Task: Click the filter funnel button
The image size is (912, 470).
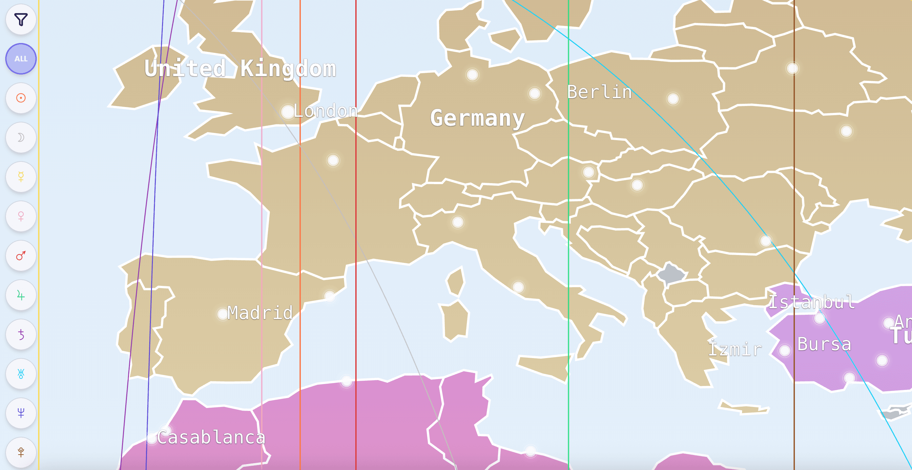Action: (21, 19)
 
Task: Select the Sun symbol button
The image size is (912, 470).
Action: (21, 98)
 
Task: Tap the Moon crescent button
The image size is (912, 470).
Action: (21, 138)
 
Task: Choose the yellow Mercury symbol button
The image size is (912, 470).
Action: (21, 177)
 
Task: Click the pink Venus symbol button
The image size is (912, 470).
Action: (21, 216)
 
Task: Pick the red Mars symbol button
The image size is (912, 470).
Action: (21, 255)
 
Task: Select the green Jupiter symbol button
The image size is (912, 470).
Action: (21, 295)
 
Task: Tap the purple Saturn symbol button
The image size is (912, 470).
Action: (21, 334)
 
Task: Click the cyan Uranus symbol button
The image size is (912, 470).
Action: (21, 374)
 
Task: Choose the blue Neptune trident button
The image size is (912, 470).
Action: (21, 413)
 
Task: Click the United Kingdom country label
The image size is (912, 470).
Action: (240, 68)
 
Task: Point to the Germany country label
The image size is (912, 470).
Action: (477, 118)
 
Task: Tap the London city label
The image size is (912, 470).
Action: (325, 111)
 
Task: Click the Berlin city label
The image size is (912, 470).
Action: (599, 92)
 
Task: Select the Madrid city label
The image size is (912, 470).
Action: (260, 313)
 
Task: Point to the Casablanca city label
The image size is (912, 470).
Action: (211, 438)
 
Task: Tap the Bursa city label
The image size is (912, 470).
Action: (824, 344)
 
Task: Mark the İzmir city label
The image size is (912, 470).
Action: (735, 349)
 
